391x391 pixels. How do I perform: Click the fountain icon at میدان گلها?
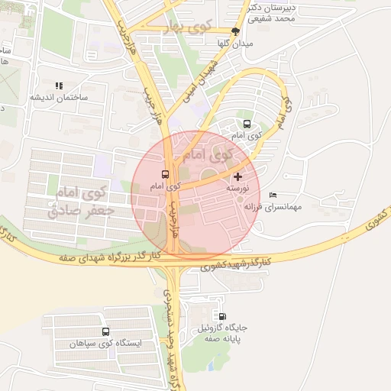235,31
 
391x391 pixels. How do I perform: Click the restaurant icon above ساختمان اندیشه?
59,86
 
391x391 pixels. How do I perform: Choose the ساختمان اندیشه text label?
59,98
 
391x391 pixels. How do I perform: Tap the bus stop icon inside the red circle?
166,175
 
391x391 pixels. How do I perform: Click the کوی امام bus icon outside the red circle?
247,124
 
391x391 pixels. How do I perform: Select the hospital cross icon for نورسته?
238,176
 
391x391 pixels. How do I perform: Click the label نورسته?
238,188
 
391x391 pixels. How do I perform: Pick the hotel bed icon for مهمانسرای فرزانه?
273,195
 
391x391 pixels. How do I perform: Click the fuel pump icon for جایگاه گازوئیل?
222,317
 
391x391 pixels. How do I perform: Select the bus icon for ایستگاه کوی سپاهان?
105,332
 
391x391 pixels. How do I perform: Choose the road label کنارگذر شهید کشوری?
237,264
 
